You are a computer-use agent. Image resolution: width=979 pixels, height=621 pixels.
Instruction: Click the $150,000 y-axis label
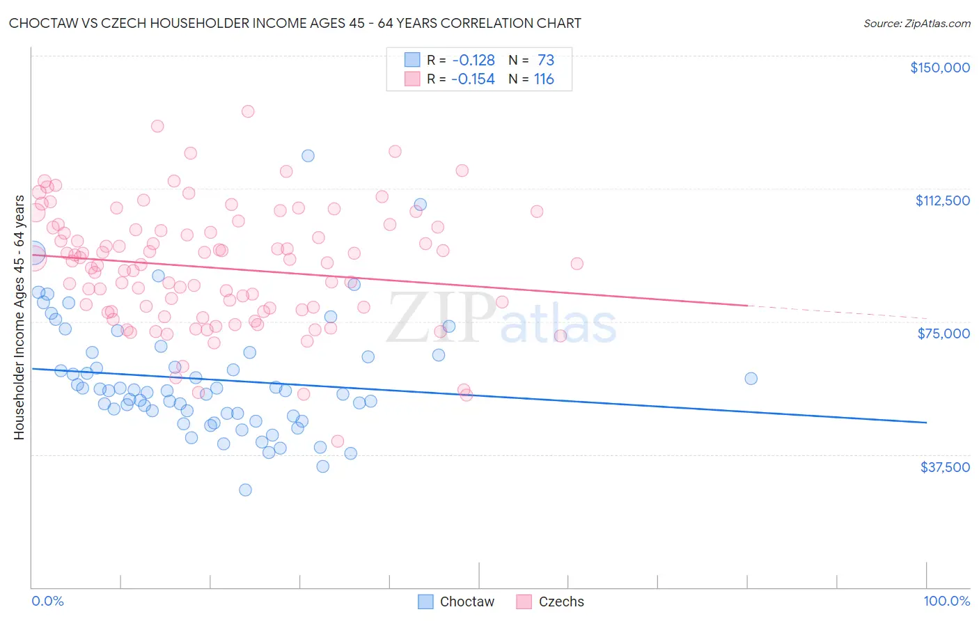coord(939,68)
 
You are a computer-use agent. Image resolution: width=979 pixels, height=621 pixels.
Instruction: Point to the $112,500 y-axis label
coord(942,201)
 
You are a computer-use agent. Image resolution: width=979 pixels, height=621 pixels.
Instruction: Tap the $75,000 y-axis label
coord(943,333)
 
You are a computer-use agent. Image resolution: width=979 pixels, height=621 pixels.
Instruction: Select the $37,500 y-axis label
coord(944,467)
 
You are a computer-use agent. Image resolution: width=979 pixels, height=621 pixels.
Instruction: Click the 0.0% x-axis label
coord(47,601)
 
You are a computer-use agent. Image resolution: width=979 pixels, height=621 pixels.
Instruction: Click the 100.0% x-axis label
coord(946,601)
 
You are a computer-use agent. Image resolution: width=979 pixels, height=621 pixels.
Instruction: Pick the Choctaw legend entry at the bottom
coord(456,602)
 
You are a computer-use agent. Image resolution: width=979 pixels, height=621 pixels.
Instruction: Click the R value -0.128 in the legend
coord(473,61)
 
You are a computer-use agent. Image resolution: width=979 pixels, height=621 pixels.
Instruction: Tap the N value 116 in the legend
coord(544,79)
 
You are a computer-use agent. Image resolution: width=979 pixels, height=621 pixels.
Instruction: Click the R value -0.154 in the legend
coord(473,79)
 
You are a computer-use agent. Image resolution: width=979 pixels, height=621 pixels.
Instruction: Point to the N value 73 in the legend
coord(546,61)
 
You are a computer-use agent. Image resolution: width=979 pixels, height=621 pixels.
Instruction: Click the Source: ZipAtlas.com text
coord(916,24)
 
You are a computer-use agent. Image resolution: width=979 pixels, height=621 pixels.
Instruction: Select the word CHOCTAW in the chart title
coord(41,23)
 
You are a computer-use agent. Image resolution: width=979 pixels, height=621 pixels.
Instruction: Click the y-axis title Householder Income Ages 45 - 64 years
coord(19,317)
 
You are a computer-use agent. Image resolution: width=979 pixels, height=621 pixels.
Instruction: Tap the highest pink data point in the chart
coord(248,111)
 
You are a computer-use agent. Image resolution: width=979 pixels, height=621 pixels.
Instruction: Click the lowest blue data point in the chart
coord(245,490)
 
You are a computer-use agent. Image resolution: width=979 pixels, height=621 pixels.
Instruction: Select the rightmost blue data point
coord(751,379)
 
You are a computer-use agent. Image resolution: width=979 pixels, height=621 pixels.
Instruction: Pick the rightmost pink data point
coord(577,264)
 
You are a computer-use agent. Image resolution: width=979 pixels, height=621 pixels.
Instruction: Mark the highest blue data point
coord(308,156)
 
